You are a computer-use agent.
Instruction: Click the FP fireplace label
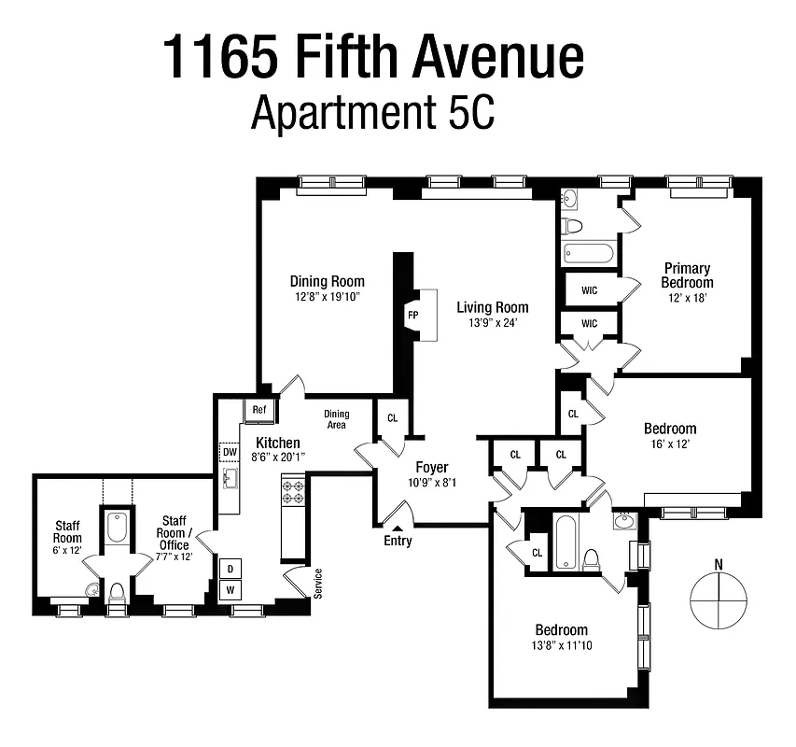pyautogui.click(x=412, y=316)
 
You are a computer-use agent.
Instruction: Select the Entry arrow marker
pyautogui.click(x=398, y=529)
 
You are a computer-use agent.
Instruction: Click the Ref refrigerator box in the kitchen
pyautogui.click(x=258, y=409)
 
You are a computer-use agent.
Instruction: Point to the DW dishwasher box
pyautogui.click(x=229, y=452)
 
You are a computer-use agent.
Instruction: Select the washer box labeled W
pyautogui.click(x=230, y=590)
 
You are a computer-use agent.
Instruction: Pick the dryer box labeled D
pyautogui.click(x=230, y=569)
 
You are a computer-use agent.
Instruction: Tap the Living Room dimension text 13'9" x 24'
pyautogui.click(x=492, y=323)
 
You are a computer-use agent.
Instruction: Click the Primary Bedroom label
pyautogui.click(x=687, y=275)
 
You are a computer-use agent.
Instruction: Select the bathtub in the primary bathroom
pyautogui.click(x=589, y=253)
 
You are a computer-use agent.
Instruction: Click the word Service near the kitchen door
pyautogui.click(x=318, y=584)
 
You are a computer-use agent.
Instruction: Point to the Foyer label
pyautogui.click(x=431, y=468)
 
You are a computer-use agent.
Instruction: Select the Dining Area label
pyautogui.click(x=336, y=419)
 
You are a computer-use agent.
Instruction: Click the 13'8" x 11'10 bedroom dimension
pyautogui.click(x=561, y=646)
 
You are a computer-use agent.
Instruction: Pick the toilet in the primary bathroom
pyautogui.click(x=573, y=226)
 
